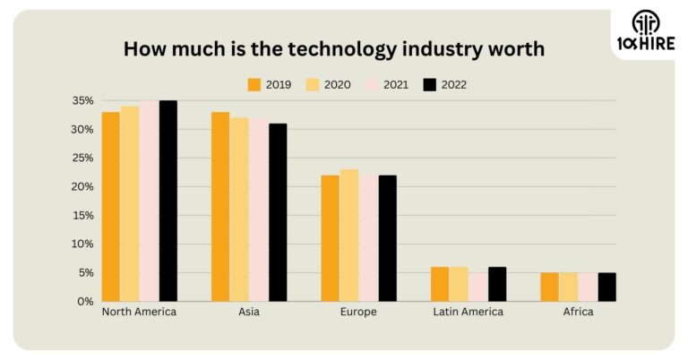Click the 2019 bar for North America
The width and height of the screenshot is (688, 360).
point(110,206)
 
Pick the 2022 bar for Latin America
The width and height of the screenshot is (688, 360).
point(497,284)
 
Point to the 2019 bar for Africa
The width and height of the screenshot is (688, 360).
point(549,287)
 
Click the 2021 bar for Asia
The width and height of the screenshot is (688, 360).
point(259,210)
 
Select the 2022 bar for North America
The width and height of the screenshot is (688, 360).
point(168,201)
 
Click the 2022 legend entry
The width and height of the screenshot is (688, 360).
point(444,85)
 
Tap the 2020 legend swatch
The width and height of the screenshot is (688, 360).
point(313,85)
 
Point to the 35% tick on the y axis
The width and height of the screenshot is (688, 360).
point(82,100)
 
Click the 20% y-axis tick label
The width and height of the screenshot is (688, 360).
point(82,186)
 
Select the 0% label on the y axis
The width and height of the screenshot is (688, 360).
point(85,301)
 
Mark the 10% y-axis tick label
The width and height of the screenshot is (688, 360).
point(82,244)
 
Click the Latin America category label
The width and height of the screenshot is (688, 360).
point(468,313)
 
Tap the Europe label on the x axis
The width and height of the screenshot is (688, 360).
point(358,313)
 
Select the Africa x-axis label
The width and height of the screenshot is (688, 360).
point(578,313)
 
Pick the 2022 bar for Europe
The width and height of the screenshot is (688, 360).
point(387,238)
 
